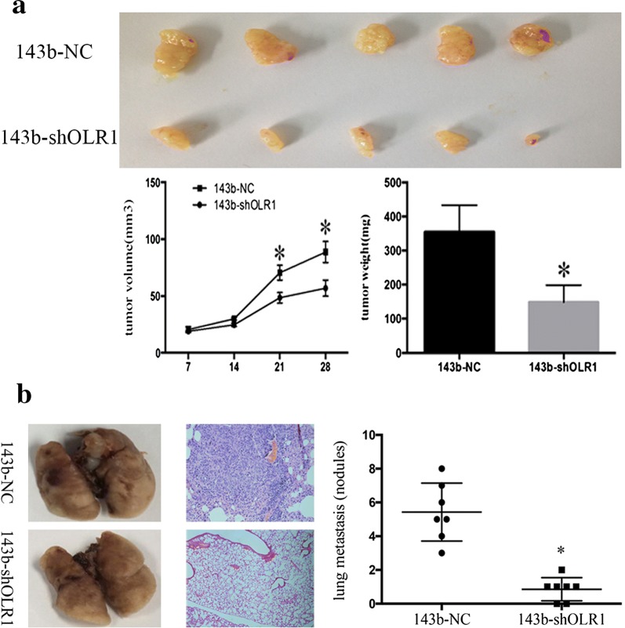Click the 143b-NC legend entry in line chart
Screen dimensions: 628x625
228,189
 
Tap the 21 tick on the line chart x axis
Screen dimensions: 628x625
279,368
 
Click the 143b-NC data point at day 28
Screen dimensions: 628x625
324,252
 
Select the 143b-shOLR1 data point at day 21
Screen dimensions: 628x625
279,297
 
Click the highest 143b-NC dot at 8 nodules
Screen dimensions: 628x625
441,468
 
